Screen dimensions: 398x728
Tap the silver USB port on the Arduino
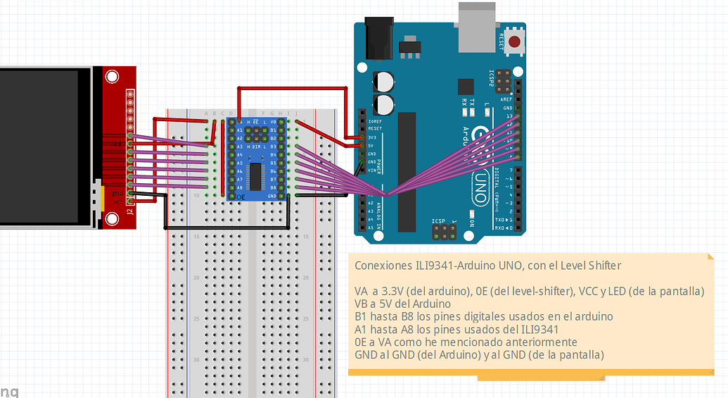pos(481,26)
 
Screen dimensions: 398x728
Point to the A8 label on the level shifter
pos(239,188)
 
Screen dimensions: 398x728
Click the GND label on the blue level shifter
pos(273,196)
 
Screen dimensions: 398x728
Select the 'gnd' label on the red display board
pos(118,192)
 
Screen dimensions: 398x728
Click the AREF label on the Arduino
pos(507,100)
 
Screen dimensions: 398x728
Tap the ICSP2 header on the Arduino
pos(503,82)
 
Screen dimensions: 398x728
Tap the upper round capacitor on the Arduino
pos(384,80)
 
